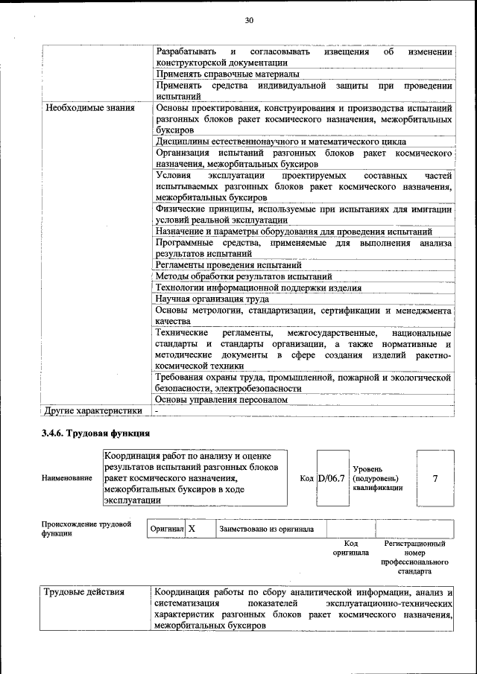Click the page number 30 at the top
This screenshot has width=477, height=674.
(x=249, y=20)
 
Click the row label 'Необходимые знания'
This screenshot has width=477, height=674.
(x=90, y=108)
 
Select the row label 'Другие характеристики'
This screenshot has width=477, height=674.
(x=93, y=410)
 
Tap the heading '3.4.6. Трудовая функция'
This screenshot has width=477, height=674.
(x=96, y=433)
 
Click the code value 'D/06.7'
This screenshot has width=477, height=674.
(x=332, y=477)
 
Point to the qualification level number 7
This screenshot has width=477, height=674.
(x=435, y=478)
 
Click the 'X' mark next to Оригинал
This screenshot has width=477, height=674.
(x=192, y=529)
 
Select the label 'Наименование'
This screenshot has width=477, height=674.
(x=67, y=478)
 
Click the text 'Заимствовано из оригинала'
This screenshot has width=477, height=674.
(x=266, y=530)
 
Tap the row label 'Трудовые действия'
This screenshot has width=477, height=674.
(x=84, y=592)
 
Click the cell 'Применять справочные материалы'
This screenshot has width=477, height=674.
(x=228, y=74)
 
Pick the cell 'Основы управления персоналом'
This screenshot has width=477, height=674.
(x=221, y=400)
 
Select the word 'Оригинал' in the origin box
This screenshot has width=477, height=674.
(x=166, y=530)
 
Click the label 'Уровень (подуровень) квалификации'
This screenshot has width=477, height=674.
(x=377, y=478)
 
